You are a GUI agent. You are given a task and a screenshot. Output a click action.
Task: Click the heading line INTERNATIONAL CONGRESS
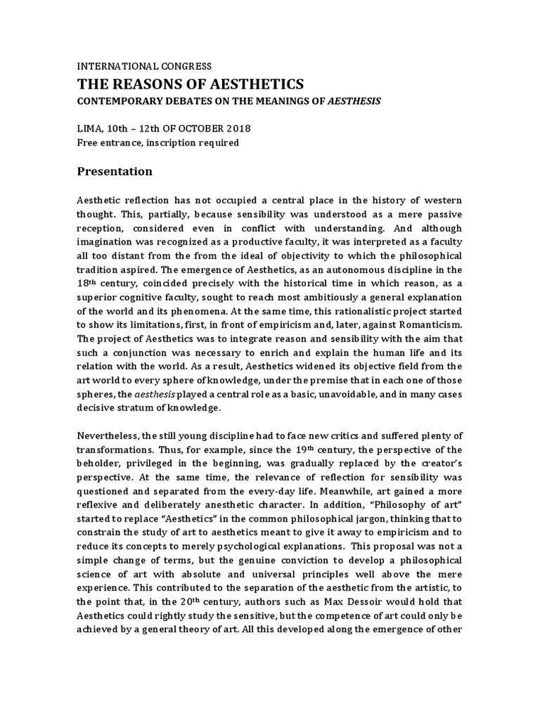point(144,67)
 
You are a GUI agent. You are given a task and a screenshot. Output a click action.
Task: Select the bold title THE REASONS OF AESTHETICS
point(190,84)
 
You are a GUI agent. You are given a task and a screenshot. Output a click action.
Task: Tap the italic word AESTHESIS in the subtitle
point(355,101)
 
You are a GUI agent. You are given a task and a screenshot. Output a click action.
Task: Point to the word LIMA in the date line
point(91,129)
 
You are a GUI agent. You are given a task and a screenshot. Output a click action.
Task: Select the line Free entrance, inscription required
point(158,143)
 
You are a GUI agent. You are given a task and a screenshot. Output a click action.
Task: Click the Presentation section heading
point(114,171)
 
